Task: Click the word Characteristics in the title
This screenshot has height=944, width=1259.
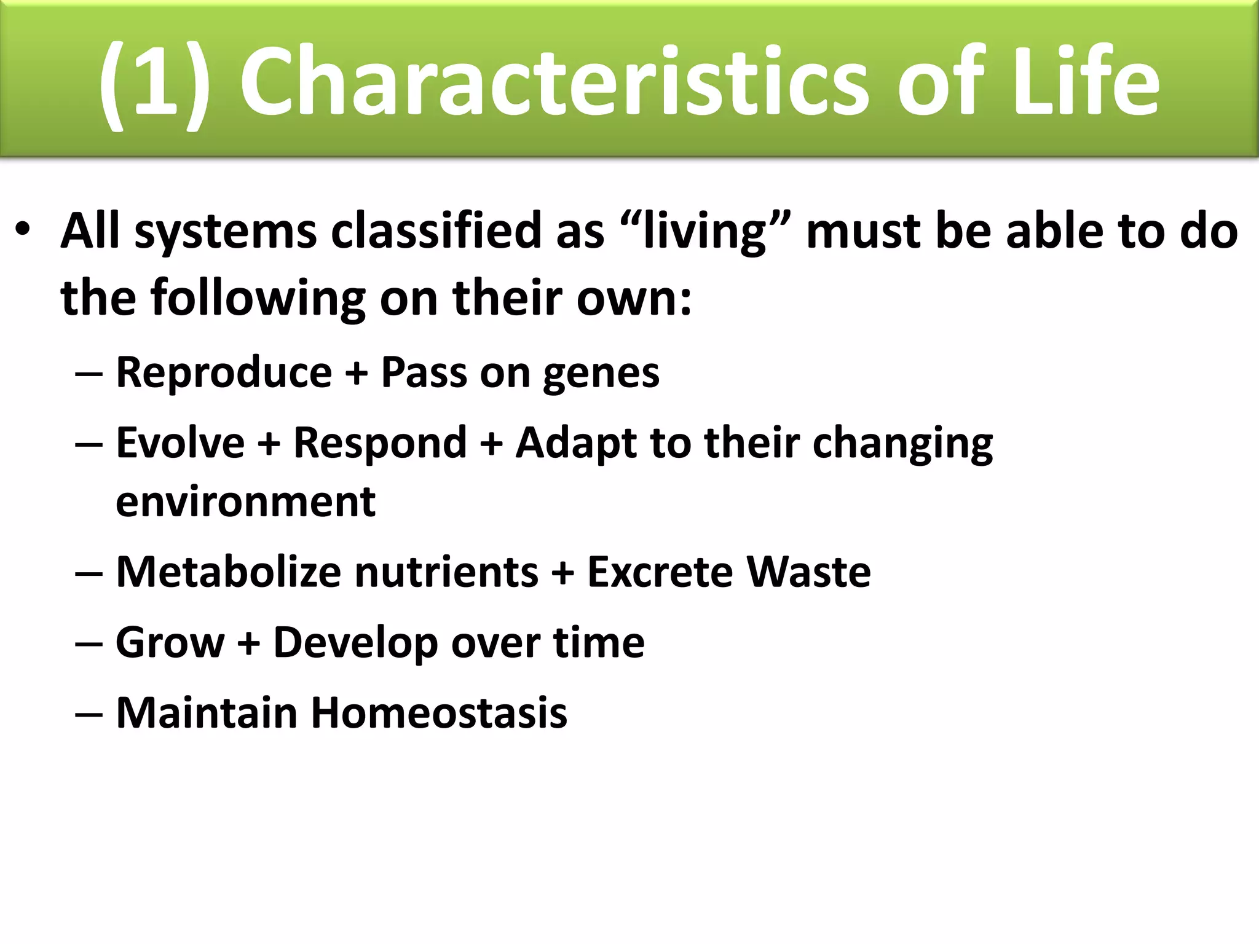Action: click(x=553, y=83)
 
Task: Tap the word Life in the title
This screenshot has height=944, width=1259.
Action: click(x=1085, y=83)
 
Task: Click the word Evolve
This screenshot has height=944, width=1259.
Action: click(x=180, y=442)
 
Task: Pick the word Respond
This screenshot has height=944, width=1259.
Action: click(x=380, y=444)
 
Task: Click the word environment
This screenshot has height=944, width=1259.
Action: click(x=245, y=502)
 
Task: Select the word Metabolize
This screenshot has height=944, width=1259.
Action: click(x=228, y=572)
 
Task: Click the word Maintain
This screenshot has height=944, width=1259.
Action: click(x=207, y=713)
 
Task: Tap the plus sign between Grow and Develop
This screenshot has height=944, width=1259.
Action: click(x=249, y=644)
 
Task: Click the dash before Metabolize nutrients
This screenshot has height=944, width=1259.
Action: click(x=89, y=573)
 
